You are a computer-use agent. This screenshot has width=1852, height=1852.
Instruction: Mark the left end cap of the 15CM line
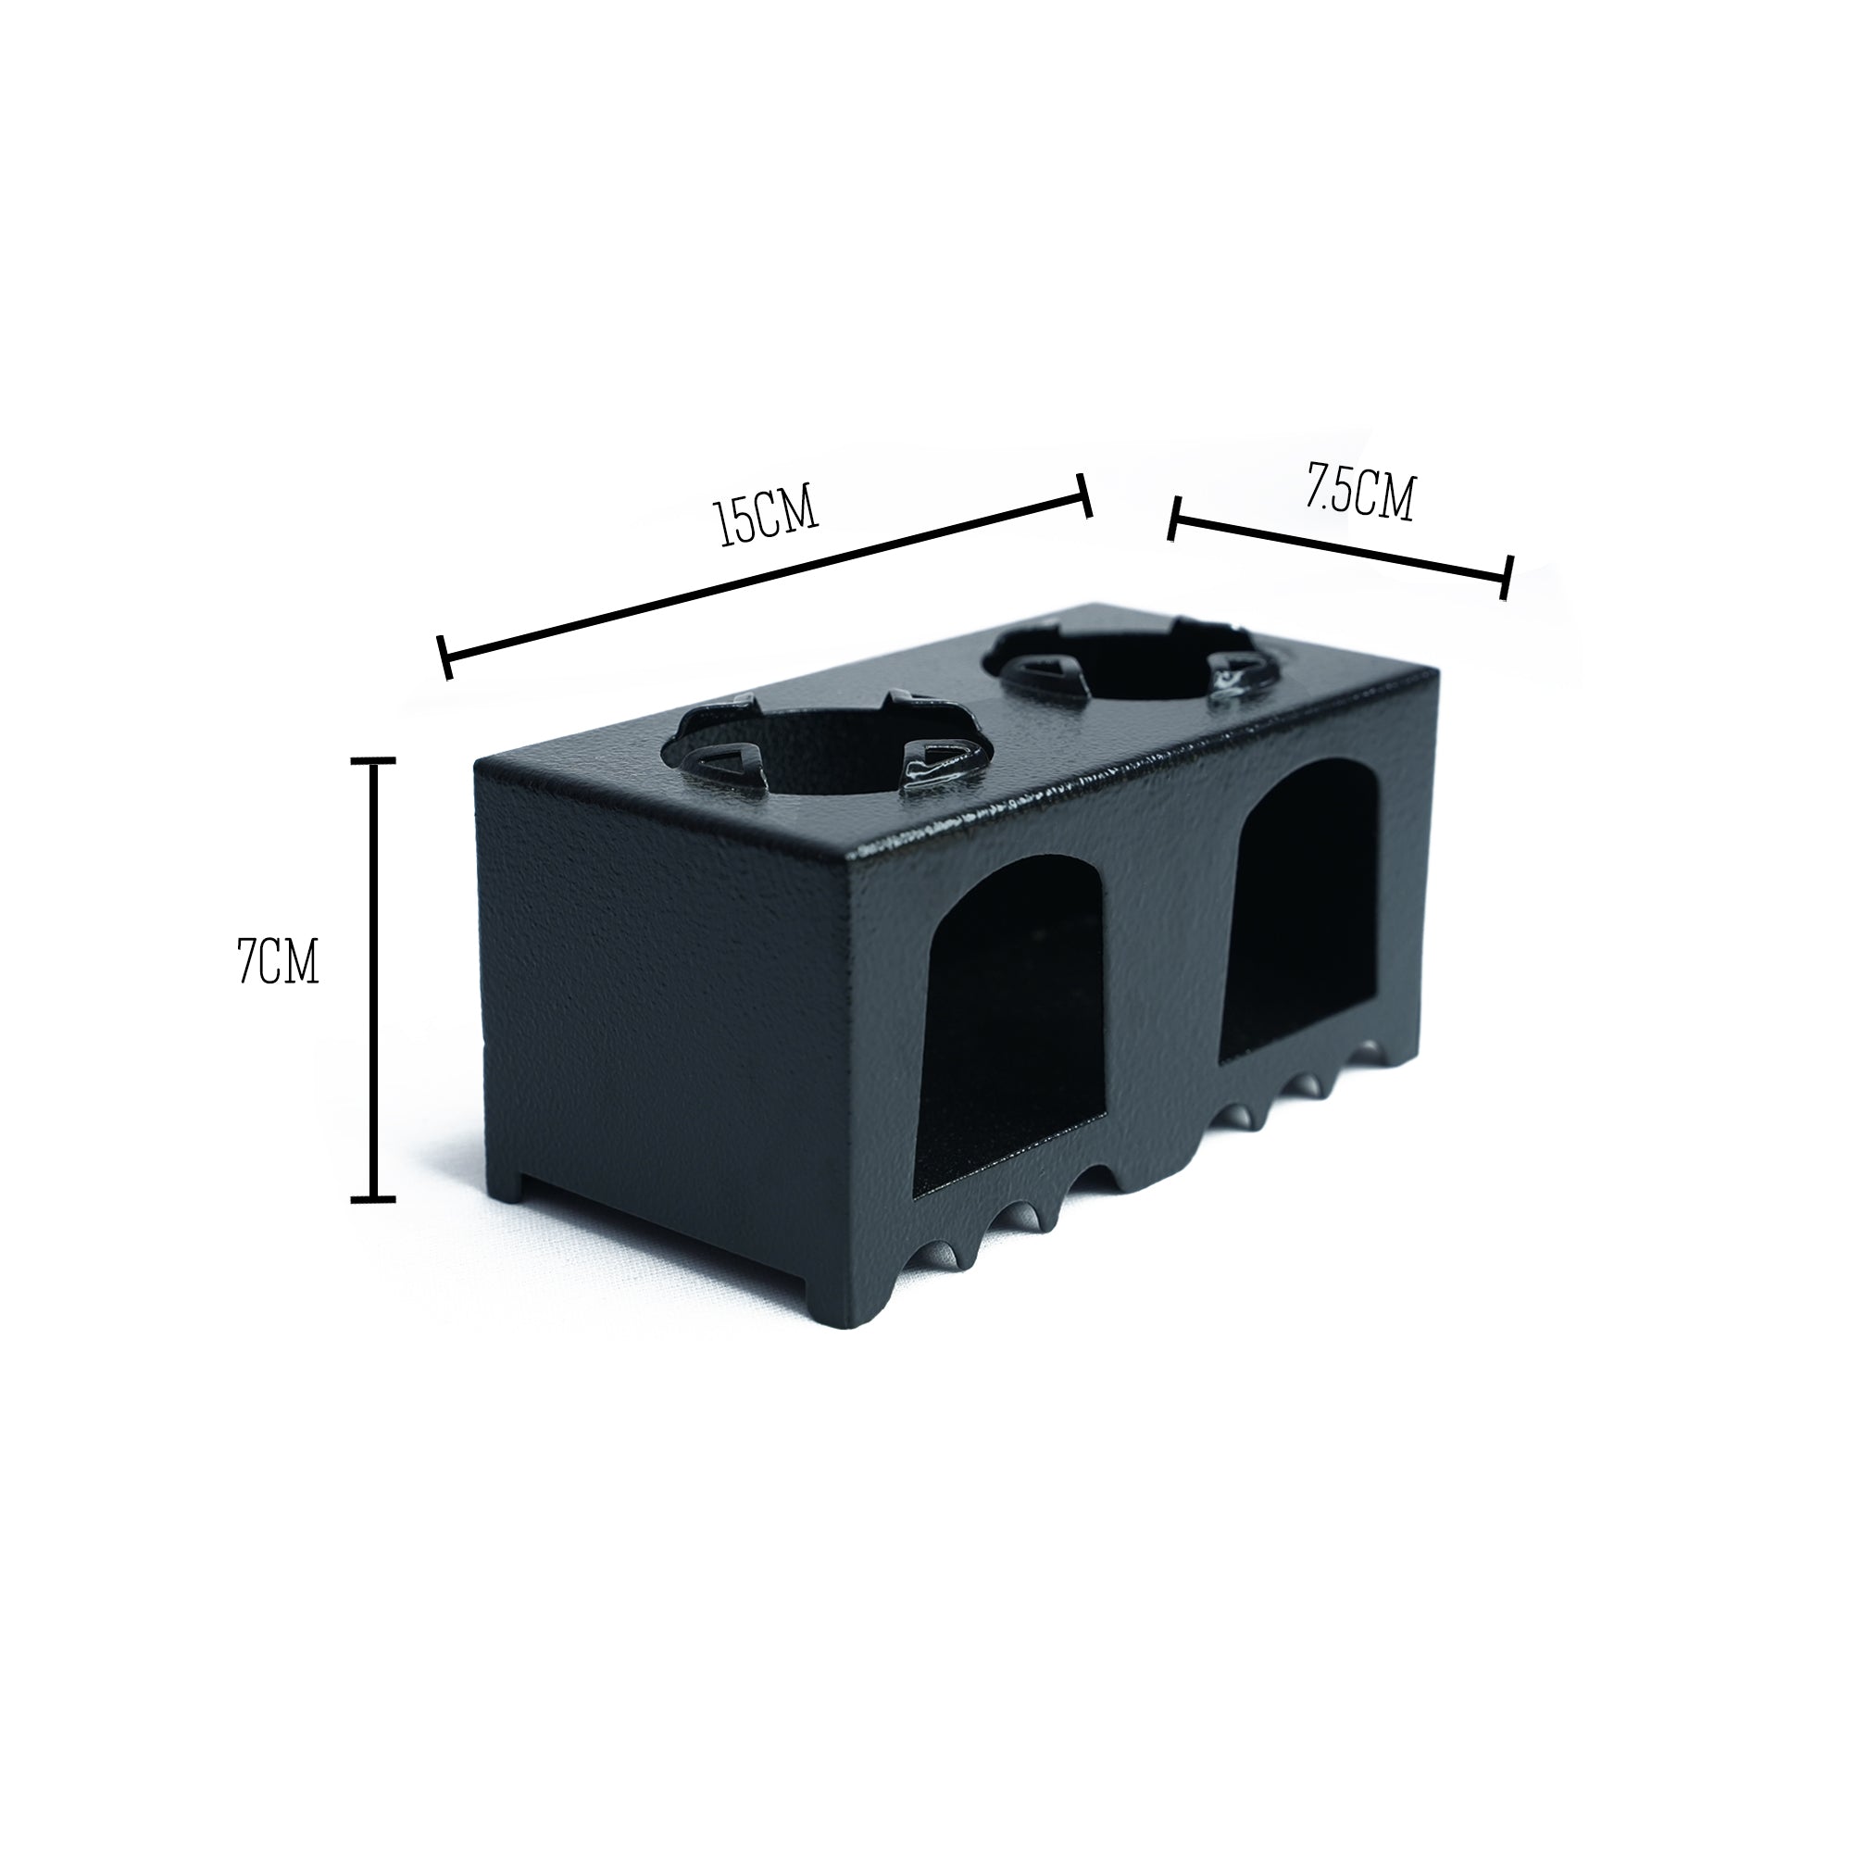click(x=444, y=657)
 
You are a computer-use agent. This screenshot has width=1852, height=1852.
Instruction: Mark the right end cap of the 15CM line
click(x=1085, y=495)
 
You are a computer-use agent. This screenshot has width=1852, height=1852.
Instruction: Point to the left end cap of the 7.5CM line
click(x=1174, y=519)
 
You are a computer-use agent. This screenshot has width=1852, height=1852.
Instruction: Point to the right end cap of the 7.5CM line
click(x=1507, y=577)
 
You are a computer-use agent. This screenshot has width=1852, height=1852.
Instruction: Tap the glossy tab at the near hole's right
click(x=934, y=769)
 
